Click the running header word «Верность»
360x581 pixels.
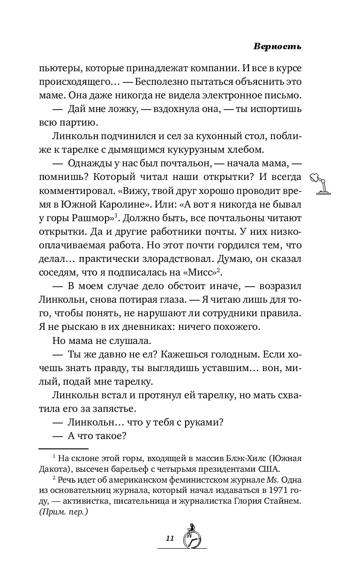tap(277, 47)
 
